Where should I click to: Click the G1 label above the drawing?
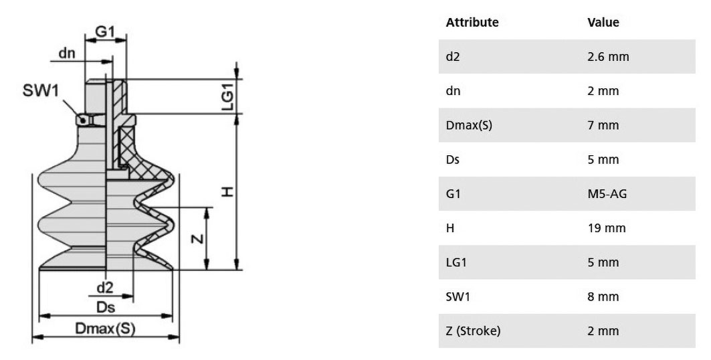105,31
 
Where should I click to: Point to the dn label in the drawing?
67,53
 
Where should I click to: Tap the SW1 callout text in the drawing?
41,90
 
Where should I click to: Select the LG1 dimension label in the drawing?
227,96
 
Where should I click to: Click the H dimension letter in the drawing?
227,192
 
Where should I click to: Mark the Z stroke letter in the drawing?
198,238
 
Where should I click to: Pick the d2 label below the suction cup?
105,287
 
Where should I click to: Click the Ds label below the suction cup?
106,307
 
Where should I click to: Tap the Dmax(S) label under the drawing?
105,329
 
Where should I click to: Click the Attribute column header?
472,22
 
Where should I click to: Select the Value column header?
603,22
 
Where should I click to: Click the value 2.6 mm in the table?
608,57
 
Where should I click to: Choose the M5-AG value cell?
607,193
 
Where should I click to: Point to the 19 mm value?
607,228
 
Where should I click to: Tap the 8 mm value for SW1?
603,296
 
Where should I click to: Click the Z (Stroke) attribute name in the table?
473,331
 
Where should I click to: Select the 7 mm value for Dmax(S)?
603,125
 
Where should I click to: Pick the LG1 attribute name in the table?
456,262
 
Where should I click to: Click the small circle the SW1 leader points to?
82,120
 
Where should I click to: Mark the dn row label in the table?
453,91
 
